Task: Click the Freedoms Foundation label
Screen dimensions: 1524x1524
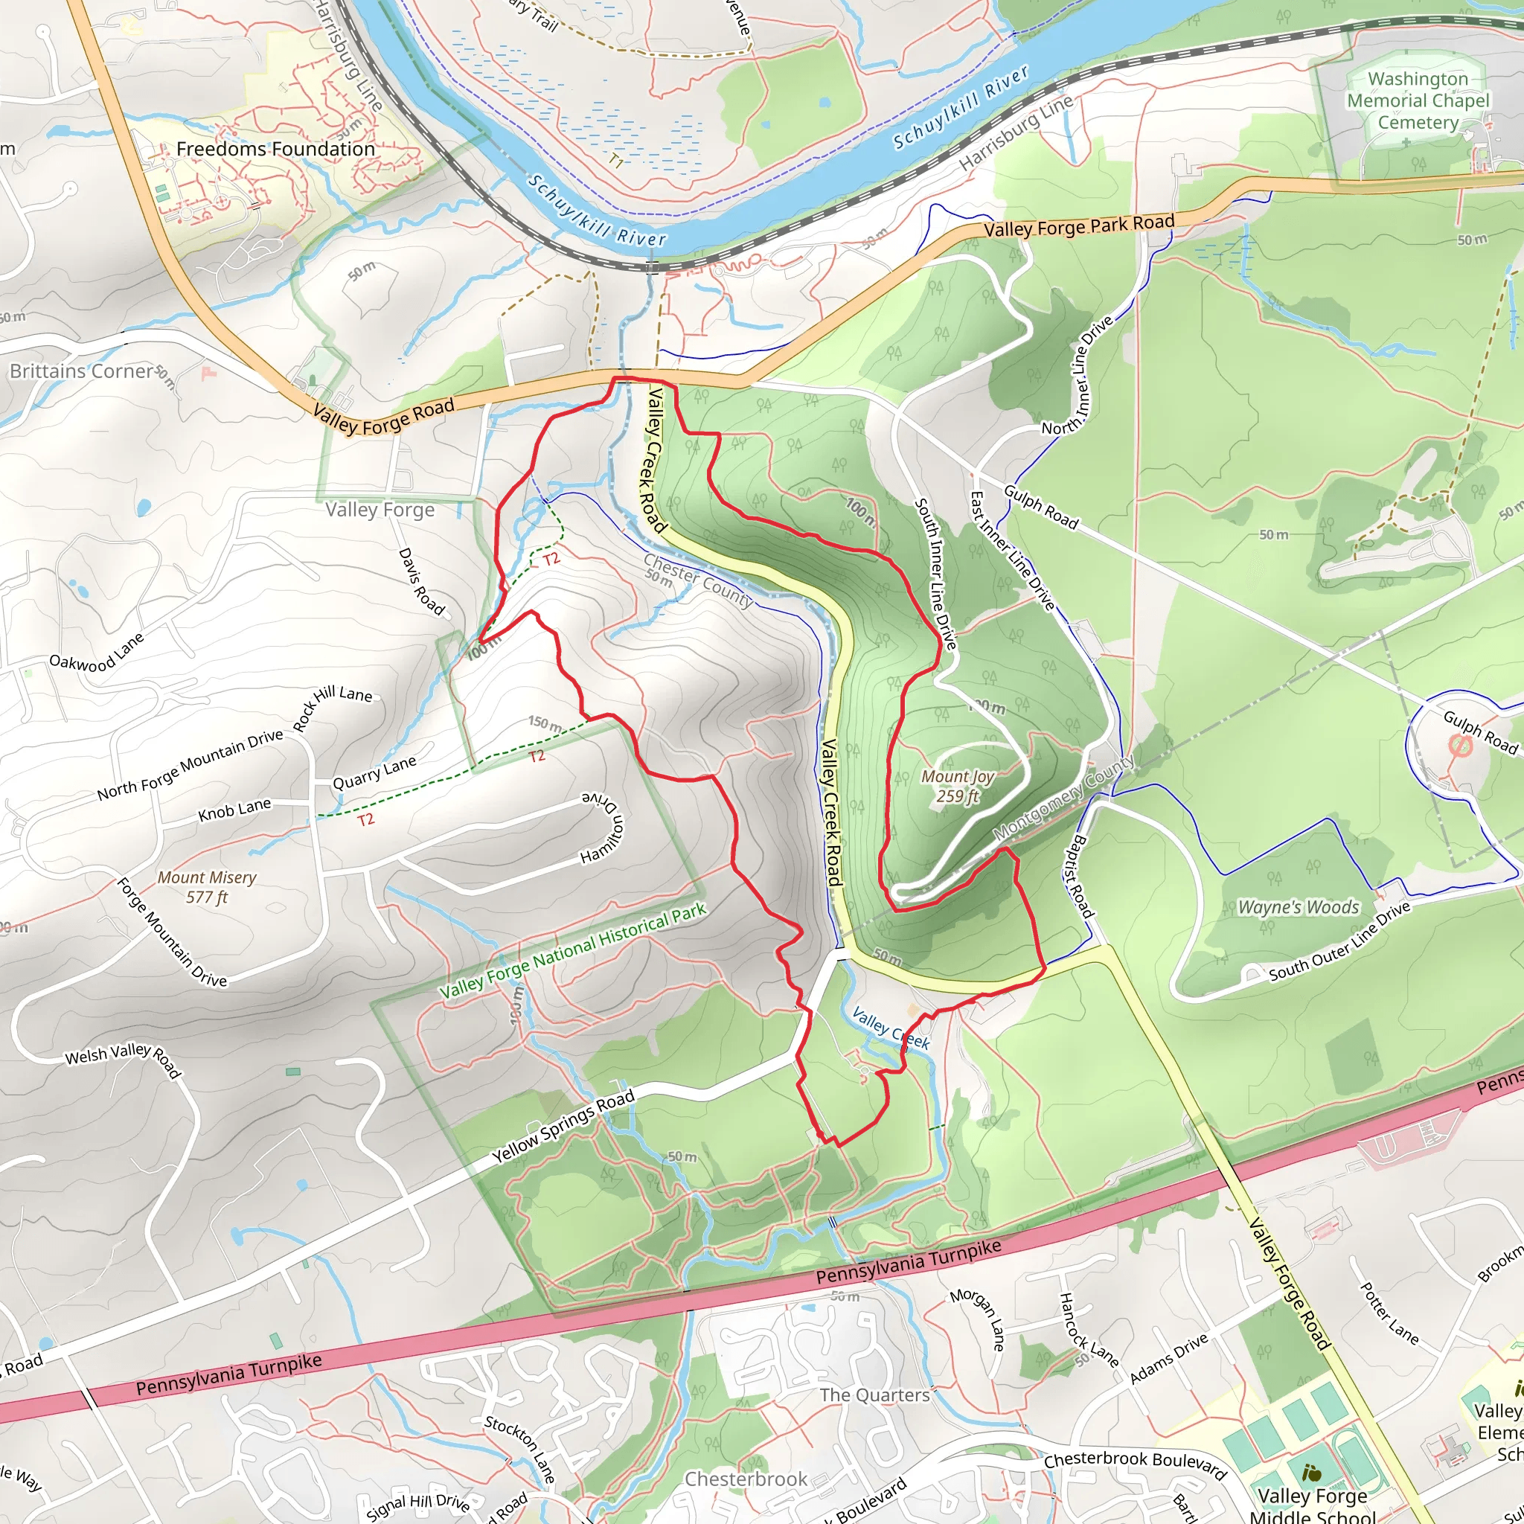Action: [x=275, y=149]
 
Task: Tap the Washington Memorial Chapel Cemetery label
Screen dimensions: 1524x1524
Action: [x=1418, y=101]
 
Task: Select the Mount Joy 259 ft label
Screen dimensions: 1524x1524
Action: [x=958, y=786]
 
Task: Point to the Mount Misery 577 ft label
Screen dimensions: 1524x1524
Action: [x=207, y=886]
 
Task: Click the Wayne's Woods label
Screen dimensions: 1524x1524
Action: [x=1299, y=907]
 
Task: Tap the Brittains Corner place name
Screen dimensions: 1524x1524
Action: [x=81, y=371]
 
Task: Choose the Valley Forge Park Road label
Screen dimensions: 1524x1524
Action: [x=1078, y=225]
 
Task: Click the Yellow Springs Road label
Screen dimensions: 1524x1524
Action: [x=563, y=1127]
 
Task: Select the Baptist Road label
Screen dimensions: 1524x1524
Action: [x=1081, y=877]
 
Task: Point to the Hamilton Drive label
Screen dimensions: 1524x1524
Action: [x=603, y=828]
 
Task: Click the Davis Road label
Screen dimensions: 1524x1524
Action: [x=421, y=581]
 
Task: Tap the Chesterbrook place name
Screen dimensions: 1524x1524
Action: [x=746, y=1479]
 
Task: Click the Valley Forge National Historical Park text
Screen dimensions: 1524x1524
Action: [x=572, y=952]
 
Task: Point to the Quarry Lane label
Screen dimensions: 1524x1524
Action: [x=374, y=773]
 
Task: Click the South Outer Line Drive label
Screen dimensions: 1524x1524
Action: [x=1339, y=942]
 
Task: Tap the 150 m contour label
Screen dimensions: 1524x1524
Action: [x=545, y=723]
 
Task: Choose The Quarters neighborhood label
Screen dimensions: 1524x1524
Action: [x=874, y=1395]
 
